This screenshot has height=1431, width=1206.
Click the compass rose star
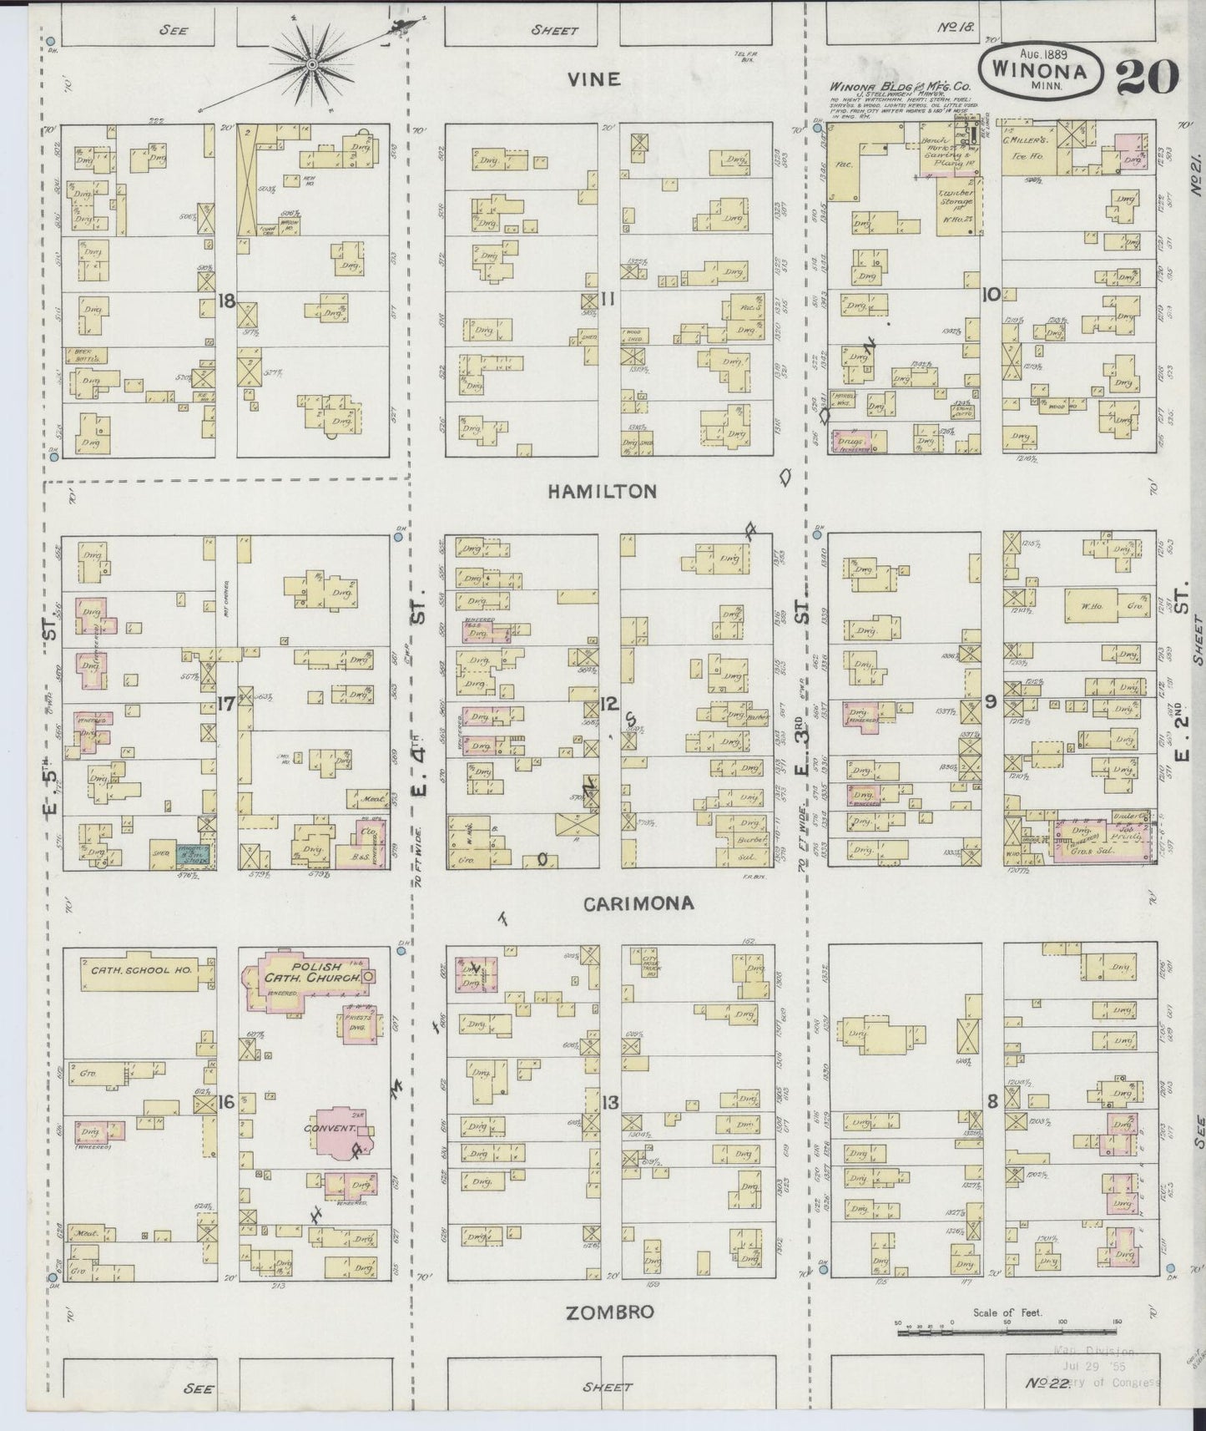(312, 64)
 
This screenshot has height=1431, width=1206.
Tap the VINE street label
(593, 79)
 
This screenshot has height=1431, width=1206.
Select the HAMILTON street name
(602, 492)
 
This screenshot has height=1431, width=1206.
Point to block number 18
(225, 301)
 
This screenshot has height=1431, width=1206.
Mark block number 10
(992, 295)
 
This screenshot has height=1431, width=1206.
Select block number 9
(991, 702)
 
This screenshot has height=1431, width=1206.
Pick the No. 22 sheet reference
(1047, 1384)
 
